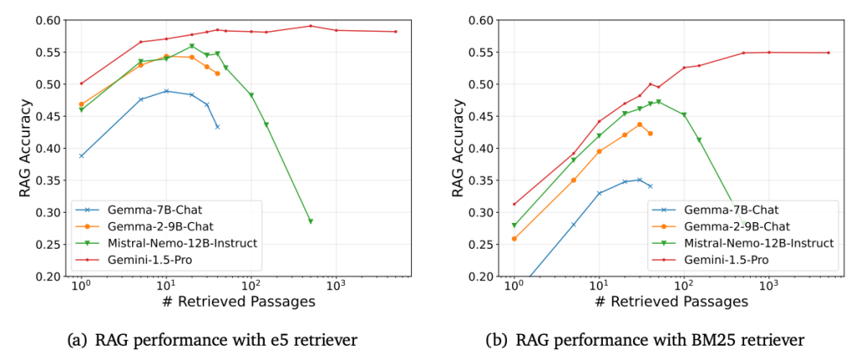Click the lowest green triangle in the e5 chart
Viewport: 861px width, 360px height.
click(x=310, y=221)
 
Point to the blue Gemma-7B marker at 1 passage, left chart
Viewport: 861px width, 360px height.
click(x=82, y=156)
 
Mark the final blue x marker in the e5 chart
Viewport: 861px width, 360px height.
click(x=218, y=127)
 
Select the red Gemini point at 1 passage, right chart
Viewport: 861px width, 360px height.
click(x=514, y=204)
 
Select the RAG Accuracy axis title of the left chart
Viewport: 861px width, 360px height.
click(x=25, y=148)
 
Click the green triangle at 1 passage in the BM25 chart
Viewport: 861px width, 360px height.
click(x=514, y=225)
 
